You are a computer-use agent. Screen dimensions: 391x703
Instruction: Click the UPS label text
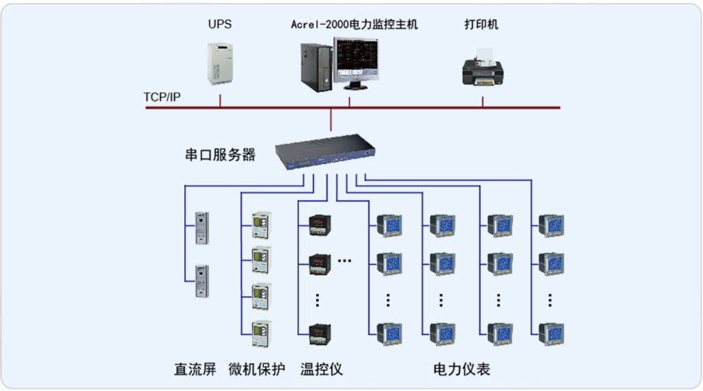(x=219, y=24)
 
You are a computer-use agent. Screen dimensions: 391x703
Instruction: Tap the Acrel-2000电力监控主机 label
(x=354, y=24)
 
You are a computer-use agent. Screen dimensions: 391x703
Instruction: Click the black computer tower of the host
(x=314, y=65)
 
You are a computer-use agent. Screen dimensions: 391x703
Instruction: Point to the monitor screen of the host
(x=358, y=62)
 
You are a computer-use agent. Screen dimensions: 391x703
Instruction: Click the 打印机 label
(x=482, y=24)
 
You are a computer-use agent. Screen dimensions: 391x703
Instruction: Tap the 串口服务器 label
(x=220, y=155)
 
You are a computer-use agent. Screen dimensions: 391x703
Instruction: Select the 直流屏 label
(x=195, y=368)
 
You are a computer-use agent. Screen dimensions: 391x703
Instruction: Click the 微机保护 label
(x=257, y=368)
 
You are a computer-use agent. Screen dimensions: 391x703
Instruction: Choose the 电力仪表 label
(x=461, y=368)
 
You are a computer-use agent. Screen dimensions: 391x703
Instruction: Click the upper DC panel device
(x=200, y=225)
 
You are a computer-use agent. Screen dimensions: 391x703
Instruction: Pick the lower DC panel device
(x=200, y=278)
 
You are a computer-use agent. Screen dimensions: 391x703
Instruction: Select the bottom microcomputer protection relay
(x=261, y=333)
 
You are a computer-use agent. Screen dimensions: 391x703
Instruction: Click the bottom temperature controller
(x=318, y=333)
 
